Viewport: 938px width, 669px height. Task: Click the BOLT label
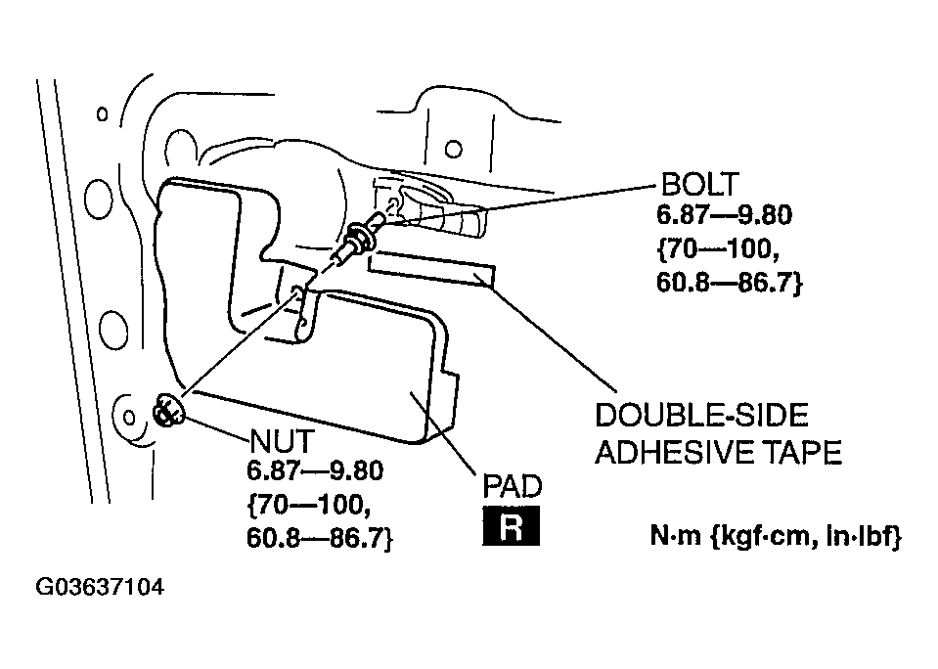[x=699, y=184]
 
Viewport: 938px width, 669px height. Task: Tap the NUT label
[x=281, y=442]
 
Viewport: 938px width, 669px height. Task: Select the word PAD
[x=513, y=486]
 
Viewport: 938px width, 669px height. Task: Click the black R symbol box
[x=511, y=526]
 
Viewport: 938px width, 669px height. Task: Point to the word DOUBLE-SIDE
[x=701, y=416]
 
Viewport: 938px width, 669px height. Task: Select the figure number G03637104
[x=100, y=587]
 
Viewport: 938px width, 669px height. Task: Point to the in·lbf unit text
[x=864, y=536]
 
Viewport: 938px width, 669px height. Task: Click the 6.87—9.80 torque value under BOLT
[x=724, y=215]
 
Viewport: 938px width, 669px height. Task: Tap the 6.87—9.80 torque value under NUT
[x=315, y=470]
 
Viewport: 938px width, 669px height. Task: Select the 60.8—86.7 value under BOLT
[x=730, y=282]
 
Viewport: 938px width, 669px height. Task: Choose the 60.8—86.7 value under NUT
[x=320, y=539]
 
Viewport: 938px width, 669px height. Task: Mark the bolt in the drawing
[x=360, y=237]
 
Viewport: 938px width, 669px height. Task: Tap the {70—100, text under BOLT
[x=718, y=248]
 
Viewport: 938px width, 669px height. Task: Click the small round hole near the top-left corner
[x=103, y=113]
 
